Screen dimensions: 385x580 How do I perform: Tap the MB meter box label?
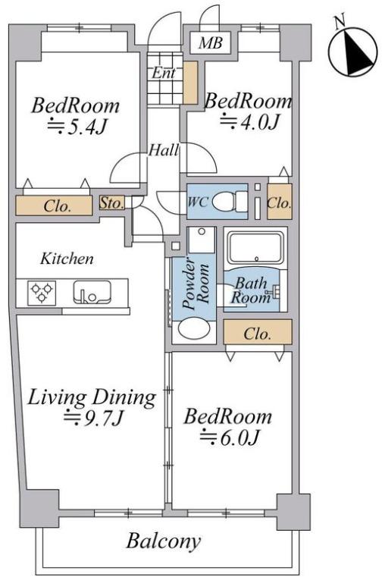click(x=210, y=43)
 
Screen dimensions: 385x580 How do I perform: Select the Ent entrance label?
click(x=164, y=73)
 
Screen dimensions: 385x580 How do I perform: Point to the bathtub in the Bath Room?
click(x=255, y=248)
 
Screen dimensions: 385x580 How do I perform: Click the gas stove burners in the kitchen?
click(x=42, y=293)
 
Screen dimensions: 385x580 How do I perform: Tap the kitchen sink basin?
click(x=92, y=292)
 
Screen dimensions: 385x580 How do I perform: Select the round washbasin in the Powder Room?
click(x=194, y=330)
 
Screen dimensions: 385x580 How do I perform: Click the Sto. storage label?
click(x=111, y=203)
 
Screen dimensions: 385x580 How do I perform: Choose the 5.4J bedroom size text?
click(x=77, y=127)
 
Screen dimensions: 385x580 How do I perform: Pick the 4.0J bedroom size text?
click(x=249, y=121)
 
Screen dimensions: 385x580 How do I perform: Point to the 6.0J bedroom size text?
click(x=230, y=438)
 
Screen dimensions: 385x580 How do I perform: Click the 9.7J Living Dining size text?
click(x=93, y=418)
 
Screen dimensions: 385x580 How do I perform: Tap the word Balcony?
click(x=164, y=542)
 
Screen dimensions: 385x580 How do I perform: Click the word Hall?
click(x=164, y=150)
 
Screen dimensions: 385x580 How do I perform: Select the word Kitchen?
click(x=67, y=259)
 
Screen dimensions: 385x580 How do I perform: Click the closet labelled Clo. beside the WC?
click(x=280, y=202)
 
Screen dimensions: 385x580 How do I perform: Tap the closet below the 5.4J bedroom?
click(x=54, y=205)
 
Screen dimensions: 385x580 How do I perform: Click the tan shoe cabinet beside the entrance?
click(x=190, y=83)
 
